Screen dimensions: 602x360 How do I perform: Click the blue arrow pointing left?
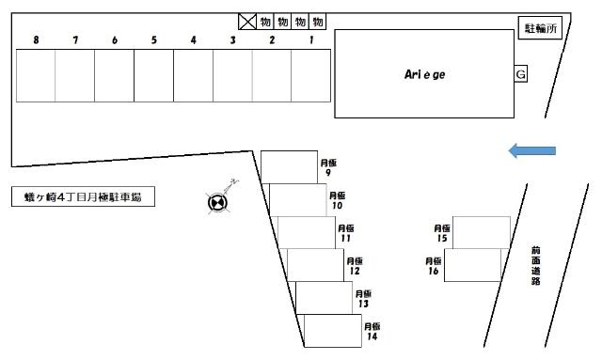tap(532, 150)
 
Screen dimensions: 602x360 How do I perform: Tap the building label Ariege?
tap(425, 73)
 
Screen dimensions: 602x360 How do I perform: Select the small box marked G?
tap(520, 74)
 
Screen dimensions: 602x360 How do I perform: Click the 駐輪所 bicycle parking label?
tap(540, 29)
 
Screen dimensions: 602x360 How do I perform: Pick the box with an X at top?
tap(247, 22)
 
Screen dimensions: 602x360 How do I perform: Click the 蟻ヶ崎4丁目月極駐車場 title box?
tap(84, 196)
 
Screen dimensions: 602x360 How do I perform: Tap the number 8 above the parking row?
tap(36, 39)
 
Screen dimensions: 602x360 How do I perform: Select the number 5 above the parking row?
tap(153, 39)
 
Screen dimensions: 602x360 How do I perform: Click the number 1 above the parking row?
tap(310, 39)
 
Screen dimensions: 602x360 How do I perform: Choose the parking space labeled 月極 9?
tap(290, 167)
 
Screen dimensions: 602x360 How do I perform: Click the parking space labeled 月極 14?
tap(333, 331)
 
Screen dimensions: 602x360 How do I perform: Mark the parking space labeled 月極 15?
tap(481, 232)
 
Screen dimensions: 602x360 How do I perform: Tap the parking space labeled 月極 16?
tap(472, 265)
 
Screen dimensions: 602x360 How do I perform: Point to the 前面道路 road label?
tap(535, 266)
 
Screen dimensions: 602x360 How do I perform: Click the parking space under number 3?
tap(232, 75)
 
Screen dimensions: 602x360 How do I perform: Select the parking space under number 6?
tap(114, 75)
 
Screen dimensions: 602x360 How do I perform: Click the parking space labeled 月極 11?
tap(307, 232)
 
